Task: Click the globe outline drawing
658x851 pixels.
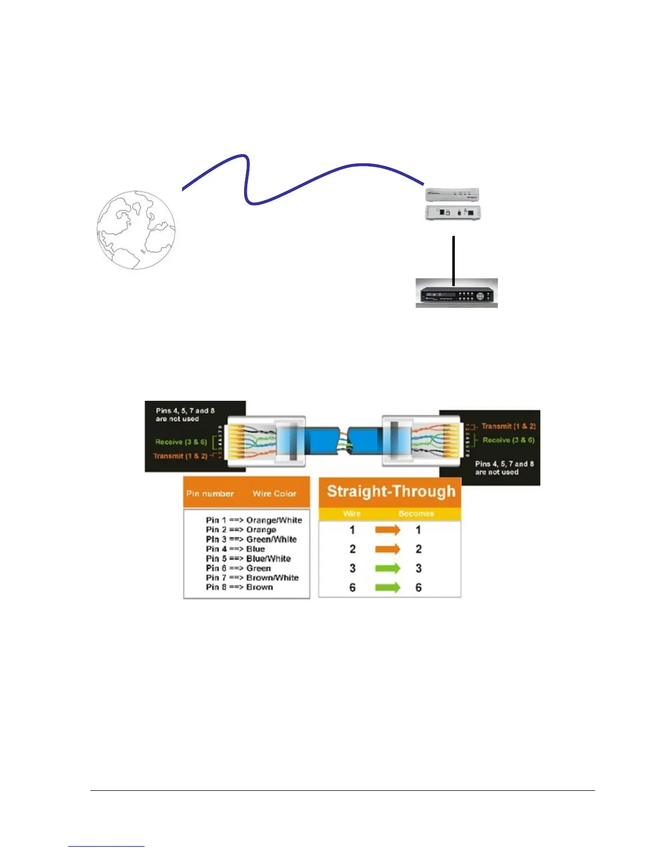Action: [x=135, y=229]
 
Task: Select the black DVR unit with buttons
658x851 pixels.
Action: [x=456, y=295]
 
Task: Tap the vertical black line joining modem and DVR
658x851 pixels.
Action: [x=454, y=258]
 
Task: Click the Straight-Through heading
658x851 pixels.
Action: [x=391, y=492]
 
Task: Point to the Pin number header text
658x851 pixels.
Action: [x=210, y=494]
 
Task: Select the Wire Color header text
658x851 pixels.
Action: [x=274, y=494]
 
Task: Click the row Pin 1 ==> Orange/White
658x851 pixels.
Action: [x=254, y=520]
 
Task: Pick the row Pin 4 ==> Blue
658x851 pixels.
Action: [x=235, y=549]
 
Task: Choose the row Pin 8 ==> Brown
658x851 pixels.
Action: [x=239, y=587]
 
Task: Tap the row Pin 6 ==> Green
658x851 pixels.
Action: [x=238, y=568]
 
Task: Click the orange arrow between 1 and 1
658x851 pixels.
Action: [x=388, y=530]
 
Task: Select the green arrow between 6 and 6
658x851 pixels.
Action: [x=388, y=587]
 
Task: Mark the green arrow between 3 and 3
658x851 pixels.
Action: [x=388, y=568]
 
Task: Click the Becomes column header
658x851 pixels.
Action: [x=416, y=514]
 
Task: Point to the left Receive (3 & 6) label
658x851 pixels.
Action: [x=181, y=442]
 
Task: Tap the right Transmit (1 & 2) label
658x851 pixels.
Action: [x=508, y=426]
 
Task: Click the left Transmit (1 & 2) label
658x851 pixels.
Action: [x=180, y=456]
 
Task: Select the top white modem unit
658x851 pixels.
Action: [x=452, y=194]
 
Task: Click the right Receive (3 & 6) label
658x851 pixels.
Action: [x=508, y=440]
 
